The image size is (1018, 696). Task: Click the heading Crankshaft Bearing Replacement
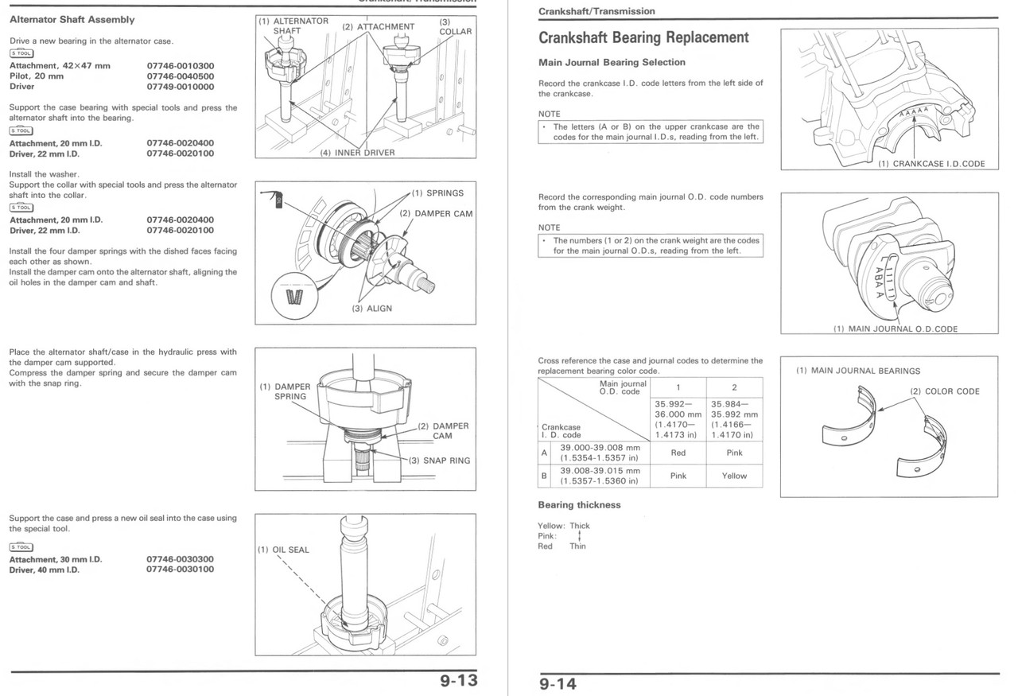[643, 37]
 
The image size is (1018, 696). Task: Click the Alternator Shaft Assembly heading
[72, 19]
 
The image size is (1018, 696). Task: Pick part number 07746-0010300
[180, 66]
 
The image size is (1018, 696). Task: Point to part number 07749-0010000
[180, 87]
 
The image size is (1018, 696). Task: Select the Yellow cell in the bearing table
[734, 476]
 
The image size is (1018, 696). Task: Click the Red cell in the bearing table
[678, 453]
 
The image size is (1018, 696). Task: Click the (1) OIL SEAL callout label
[283, 550]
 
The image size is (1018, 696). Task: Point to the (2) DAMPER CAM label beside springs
[435, 214]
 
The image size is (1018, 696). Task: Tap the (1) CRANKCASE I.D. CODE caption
[931, 164]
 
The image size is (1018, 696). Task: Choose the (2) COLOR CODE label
[945, 391]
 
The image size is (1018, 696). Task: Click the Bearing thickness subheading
[579, 504]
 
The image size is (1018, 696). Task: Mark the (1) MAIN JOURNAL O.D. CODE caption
[895, 329]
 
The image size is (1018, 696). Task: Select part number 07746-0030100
[180, 570]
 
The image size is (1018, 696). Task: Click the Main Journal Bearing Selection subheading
[612, 62]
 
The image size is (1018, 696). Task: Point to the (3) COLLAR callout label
[455, 26]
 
